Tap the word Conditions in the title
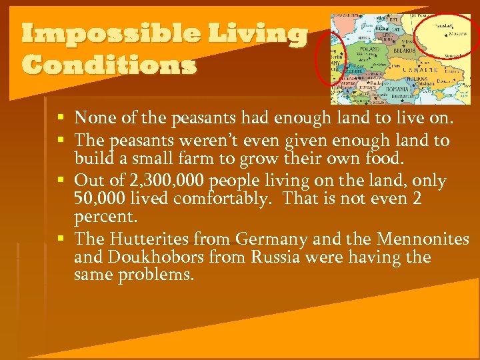pos(109,65)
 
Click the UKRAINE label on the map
pos(418,69)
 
